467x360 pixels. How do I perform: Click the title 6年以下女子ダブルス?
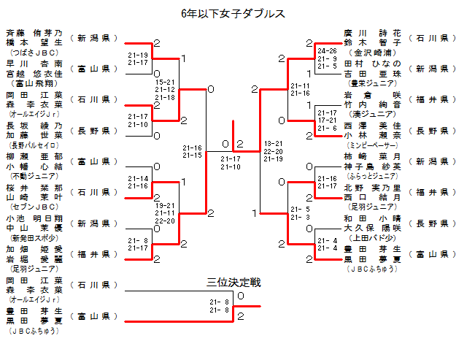click(233, 13)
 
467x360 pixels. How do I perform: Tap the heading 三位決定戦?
click(233, 282)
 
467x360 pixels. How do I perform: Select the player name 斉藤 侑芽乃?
click(34, 34)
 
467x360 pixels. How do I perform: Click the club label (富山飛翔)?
click(34, 84)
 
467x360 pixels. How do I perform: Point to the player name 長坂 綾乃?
click(34, 126)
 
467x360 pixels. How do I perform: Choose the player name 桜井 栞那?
click(34, 187)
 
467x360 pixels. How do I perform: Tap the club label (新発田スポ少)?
click(34, 237)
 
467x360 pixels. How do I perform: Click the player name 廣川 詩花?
click(373, 33)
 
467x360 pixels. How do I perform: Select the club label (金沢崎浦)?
click(373, 53)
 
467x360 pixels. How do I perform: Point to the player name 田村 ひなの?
click(373, 64)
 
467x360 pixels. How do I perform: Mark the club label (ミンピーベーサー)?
click(373, 145)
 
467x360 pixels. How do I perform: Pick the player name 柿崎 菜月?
click(373, 156)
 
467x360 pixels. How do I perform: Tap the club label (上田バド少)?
click(373, 237)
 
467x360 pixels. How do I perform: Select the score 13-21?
click(274, 144)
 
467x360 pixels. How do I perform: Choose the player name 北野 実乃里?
click(373, 187)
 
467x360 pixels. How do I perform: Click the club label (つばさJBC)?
click(34, 53)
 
